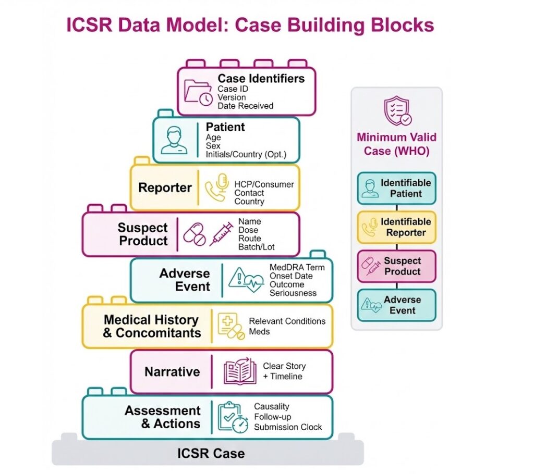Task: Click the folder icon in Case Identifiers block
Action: [198, 92]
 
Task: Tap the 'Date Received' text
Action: [245, 106]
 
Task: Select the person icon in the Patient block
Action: [174, 140]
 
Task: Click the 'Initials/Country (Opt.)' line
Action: [246, 155]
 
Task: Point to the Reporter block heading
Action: [165, 188]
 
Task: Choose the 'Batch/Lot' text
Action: [256, 247]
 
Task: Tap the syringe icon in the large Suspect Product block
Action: [221, 234]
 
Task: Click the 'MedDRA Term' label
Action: [297, 267]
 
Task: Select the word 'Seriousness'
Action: [293, 293]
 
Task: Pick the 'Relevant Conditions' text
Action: [287, 321]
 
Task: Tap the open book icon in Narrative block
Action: [240, 371]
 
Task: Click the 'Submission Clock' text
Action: [288, 427]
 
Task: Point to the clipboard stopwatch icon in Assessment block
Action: [233, 417]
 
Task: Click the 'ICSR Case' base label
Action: [211, 453]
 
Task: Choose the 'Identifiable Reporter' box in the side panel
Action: [396, 227]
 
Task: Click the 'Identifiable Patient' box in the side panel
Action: [396, 188]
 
